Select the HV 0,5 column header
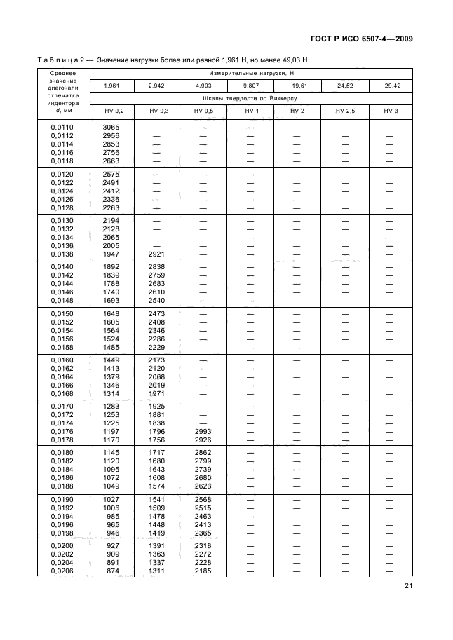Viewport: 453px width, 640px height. coord(203,111)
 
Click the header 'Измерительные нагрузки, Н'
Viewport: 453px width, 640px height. coord(250,73)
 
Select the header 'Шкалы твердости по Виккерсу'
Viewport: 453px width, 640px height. coord(250,98)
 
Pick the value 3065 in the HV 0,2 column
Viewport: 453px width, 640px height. coord(111,127)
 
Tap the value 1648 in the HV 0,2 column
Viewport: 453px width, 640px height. coord(111,312)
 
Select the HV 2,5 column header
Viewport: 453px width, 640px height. coord(344,111)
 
